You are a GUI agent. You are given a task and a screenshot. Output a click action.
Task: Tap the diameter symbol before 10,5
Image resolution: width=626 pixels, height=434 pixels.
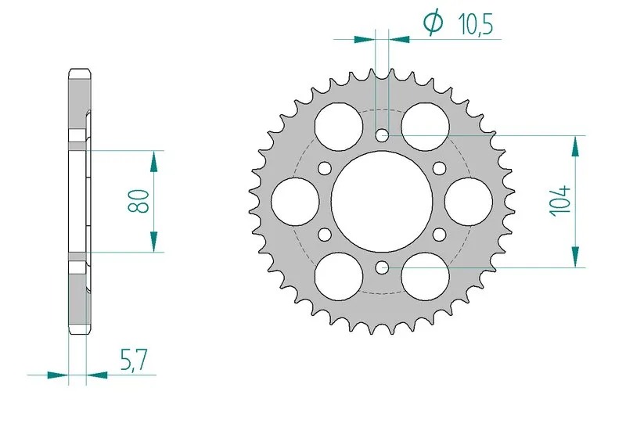(x=433, y=23)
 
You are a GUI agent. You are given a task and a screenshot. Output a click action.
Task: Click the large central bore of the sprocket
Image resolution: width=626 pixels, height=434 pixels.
(x=381, y=201)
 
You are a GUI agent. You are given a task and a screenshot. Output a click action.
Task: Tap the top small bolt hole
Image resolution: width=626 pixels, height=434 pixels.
(x=381, y=135)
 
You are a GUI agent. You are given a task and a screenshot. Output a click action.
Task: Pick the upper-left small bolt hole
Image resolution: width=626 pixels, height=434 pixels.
(x=324, y=167)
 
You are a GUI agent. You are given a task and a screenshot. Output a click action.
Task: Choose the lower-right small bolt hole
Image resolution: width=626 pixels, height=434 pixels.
(x=439, y=234)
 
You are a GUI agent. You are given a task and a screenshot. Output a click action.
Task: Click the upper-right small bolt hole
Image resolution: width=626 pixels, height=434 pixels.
(x=439, y=167)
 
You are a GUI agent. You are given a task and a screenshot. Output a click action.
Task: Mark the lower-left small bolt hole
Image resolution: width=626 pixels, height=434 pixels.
(x=324, y=234)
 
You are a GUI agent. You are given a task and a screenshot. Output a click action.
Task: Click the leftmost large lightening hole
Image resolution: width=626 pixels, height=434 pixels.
(x=294, y=201)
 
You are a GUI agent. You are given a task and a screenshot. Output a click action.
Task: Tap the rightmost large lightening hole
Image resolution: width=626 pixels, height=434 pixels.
(x=469, y=201)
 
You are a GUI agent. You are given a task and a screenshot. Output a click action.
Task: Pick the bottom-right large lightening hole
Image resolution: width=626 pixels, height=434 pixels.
(x=425, y=276)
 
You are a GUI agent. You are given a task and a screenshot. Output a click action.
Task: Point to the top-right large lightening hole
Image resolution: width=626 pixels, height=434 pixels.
(x=425, y=125)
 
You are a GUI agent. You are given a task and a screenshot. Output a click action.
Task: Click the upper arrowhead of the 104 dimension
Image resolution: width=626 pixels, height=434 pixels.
(x=577, y=144)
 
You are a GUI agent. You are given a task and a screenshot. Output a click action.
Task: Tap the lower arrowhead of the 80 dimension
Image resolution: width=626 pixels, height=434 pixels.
(x=153, y=242)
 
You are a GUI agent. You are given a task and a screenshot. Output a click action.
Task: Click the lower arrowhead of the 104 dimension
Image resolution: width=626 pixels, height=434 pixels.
(x=577, y=258)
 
